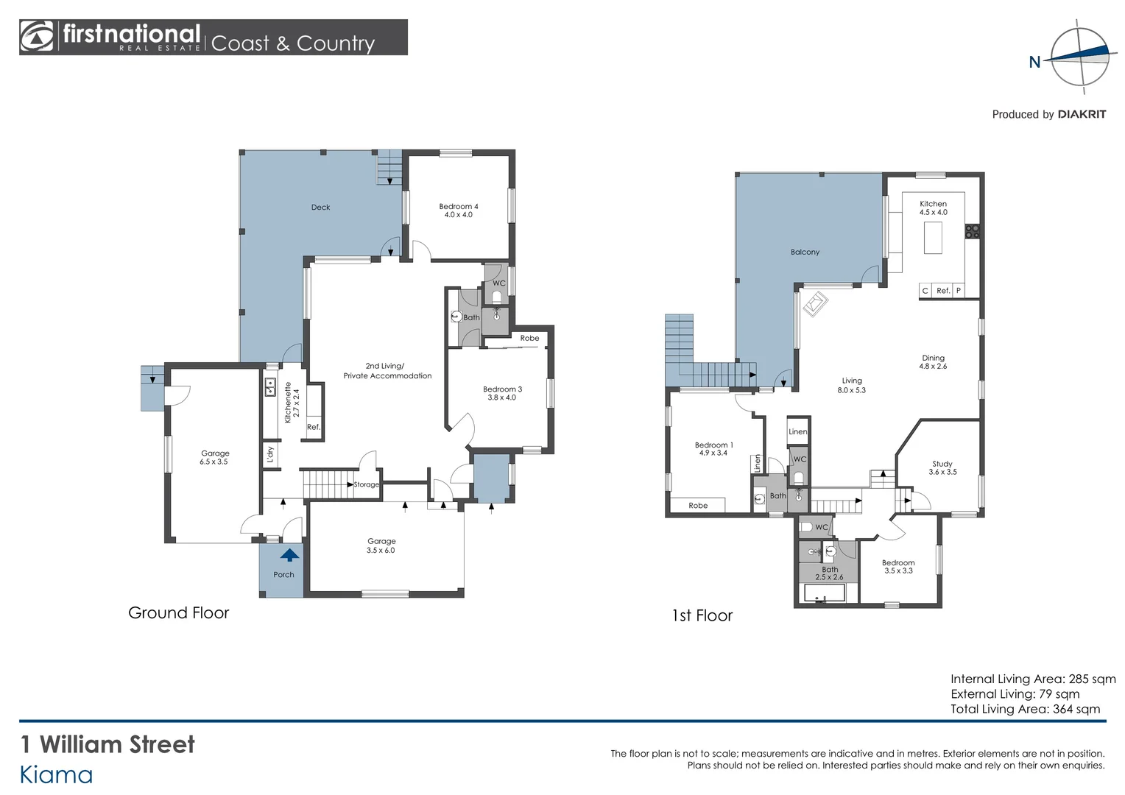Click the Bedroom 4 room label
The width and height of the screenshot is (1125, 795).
[x=458, y=211]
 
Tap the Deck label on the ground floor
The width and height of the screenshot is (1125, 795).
[x=320, y=208]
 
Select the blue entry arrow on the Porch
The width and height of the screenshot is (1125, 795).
[x=289, y=555]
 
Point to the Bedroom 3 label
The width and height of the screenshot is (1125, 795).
[x=502, y=393]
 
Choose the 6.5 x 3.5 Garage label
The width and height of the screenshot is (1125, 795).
[x=214, y=458]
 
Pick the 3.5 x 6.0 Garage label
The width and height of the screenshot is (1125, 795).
[x=381, y=545]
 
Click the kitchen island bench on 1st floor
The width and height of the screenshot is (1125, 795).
[x=933, y=238]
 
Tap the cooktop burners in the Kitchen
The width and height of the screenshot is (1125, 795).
[x=973, y=231]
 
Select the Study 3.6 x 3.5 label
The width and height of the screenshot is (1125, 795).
[x=942, y=468]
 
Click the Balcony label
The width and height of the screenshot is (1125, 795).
[x=805, y=252]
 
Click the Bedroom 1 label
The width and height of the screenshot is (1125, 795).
[x=713, y=449]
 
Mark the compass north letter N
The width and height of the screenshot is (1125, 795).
[x=1034, y=63]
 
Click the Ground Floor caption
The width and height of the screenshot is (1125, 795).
[x=178, y=613]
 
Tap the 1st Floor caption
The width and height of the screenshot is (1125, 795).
[x=702, y=616]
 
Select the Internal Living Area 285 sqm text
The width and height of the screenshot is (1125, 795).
[x=1032, y=679]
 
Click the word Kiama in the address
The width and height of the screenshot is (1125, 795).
[x=56, y=775]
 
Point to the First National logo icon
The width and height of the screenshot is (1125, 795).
[x=37, y=37]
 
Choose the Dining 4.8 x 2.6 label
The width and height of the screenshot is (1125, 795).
[x=933, y=362]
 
